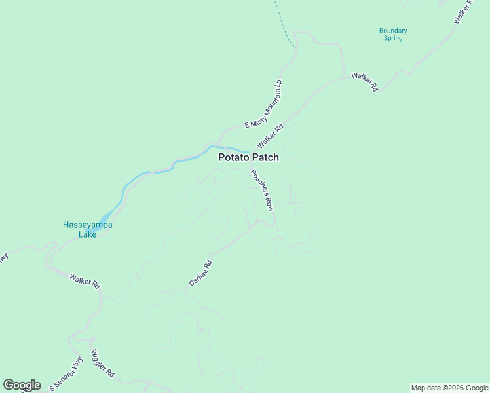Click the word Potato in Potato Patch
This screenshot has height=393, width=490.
point(233,157)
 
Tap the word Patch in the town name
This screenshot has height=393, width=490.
point(265,157)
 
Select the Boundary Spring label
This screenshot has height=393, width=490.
point(393,34)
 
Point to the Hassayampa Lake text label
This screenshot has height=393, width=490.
point(87,229)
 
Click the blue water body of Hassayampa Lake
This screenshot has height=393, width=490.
point(105,219)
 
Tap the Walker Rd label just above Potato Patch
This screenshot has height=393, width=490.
point(270,136)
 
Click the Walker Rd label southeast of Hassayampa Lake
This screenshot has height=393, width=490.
point(85,281)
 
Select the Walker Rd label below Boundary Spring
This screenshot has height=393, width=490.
point(365,82)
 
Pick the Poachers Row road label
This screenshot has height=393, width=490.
point(261,189)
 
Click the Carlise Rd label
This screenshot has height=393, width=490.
point(200,272)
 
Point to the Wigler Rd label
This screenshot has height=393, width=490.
point(103,364)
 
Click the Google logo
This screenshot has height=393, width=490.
point(22,385)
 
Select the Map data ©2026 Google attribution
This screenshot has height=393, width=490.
point(449,388)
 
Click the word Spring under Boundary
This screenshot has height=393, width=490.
point(393,38)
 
